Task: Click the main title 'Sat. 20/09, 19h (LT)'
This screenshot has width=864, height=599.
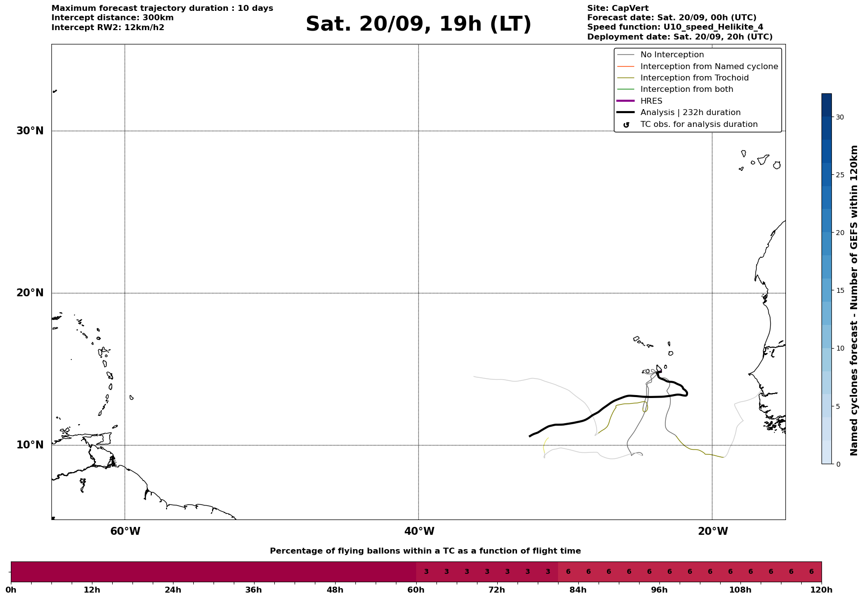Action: (x=418, y=24)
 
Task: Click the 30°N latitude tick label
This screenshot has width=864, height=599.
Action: (x=30, y=131)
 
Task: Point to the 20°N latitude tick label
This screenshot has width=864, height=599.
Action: (x=30, y=293)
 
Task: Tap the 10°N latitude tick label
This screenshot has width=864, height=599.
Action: (x=30, y=445)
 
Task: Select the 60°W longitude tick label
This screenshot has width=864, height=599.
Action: (x=125, y=531)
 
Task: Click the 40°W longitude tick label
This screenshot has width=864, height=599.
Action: (x=419, y=531)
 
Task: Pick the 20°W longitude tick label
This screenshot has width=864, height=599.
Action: (x=713, y=531)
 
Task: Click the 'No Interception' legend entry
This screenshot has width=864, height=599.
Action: (x=672, y=55)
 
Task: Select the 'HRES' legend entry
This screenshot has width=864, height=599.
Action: (x=651, y=101)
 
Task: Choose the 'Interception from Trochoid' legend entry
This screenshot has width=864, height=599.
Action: (x=694, y=78)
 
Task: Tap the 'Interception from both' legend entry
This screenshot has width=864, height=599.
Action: (x=687, y=89)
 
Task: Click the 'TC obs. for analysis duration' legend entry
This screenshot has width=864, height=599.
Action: (x=698, y=124)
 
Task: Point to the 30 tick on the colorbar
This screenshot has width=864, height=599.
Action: (x=840, y=117)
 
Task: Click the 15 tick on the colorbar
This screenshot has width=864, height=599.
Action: (x=840, y=290)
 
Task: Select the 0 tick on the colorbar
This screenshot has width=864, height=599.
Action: (x=838, y=464)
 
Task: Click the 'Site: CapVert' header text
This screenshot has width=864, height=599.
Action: (x=617, y=8)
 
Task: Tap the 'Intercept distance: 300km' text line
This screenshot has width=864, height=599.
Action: (x=112, y=18)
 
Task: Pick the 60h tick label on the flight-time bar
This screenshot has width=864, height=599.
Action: (x=416, y=590)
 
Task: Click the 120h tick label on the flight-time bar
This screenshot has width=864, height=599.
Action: (x=821, y=590)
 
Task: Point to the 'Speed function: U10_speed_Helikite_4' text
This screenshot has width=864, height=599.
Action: (x=675, y=27)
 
